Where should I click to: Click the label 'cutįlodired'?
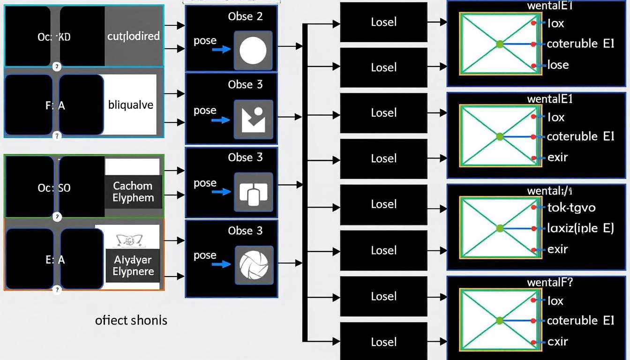click(133, 36)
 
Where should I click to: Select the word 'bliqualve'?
click(131, 105)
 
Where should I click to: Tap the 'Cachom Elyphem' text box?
click(133, 192)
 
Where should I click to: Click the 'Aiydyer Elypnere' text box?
click(133, 266)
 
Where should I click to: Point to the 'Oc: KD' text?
click(54, 37)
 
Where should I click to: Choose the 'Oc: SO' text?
click(54, 188)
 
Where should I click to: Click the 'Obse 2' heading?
click(245, 16)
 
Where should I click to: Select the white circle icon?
click(253, 51)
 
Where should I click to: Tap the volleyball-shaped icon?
click(254, 265)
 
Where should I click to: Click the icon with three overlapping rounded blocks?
click(253, 192)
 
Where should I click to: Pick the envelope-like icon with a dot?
click(254, 120)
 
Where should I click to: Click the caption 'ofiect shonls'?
click(131, 320)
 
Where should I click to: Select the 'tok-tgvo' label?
click(571, 207)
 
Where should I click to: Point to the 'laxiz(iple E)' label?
click(580, 228)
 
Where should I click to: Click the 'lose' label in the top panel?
click(558, 65)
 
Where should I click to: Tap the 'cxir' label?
click(558, 342)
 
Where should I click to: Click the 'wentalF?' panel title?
click(550, 282)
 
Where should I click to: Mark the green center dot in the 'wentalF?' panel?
click(499, 321)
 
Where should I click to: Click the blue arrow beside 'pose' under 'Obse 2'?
click(221, 49)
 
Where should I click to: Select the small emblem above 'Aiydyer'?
click(127, 241)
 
